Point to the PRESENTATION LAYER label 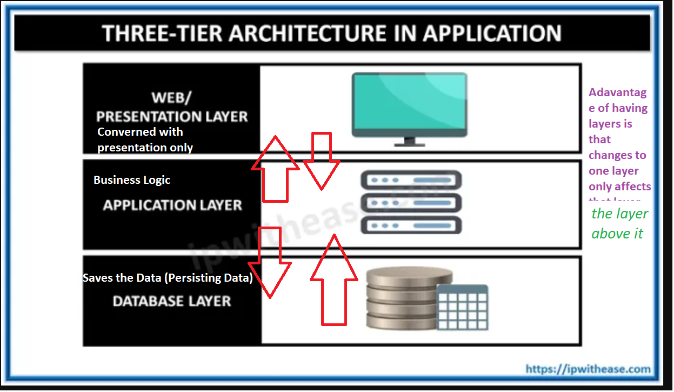(x=172, y=116)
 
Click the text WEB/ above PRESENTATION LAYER (x=171, y=98)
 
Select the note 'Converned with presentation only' (x=144, y=139)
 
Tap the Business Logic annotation (x=132, y=180)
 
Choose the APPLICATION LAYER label (x=172, y=205)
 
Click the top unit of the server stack (x=410, y=179)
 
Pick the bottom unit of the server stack (x=410, y=224)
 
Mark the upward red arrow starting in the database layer (x=333, y=281)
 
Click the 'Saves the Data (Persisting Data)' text (x=168, y=278)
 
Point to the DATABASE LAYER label (x=172, y=301)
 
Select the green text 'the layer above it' (x=619, y=223)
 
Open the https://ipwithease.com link (x=588, y=369)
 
